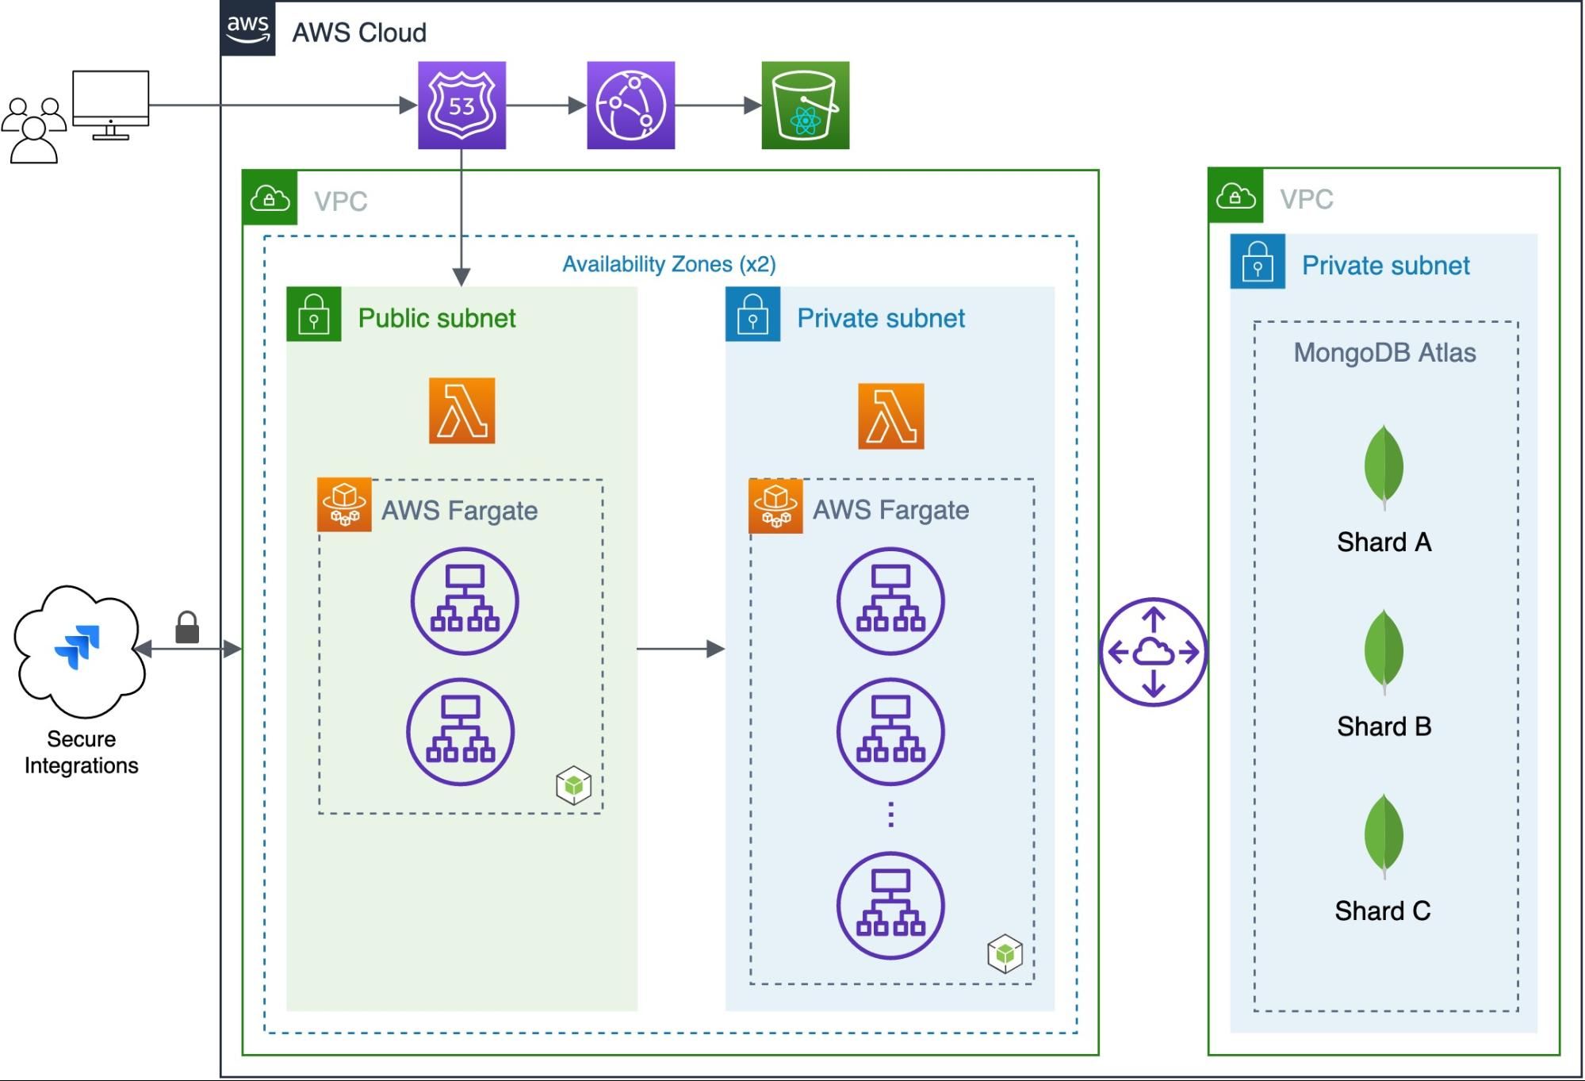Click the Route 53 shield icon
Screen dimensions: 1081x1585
(461, 105)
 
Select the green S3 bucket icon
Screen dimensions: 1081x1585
(805, 105)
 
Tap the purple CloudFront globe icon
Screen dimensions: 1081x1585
(630, 105)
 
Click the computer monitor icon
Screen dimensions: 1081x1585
(110, 104)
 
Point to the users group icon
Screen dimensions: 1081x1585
(33, 130)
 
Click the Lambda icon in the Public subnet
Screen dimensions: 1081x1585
(461, 411)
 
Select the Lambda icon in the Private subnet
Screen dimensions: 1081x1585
(890, 416)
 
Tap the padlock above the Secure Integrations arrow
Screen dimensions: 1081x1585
(187, 627)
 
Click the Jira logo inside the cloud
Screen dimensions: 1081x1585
(78, 646)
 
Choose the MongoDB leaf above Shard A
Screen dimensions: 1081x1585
(1384, 466)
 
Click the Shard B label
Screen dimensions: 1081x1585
(1384, 726)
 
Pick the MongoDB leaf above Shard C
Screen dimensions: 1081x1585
(1384, 835)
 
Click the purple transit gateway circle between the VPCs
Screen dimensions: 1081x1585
(1153, 652)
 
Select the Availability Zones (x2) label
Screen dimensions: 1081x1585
(668, 264)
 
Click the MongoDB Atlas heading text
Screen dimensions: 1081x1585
(1384, 353)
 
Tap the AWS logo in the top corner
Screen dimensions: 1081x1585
(248, 29)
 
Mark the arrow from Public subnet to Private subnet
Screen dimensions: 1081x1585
(680, 649)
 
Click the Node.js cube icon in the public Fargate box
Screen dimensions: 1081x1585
(573, 785)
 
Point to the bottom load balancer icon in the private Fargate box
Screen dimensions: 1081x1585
(890, 905)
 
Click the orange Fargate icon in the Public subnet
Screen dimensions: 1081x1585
(344, 504)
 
